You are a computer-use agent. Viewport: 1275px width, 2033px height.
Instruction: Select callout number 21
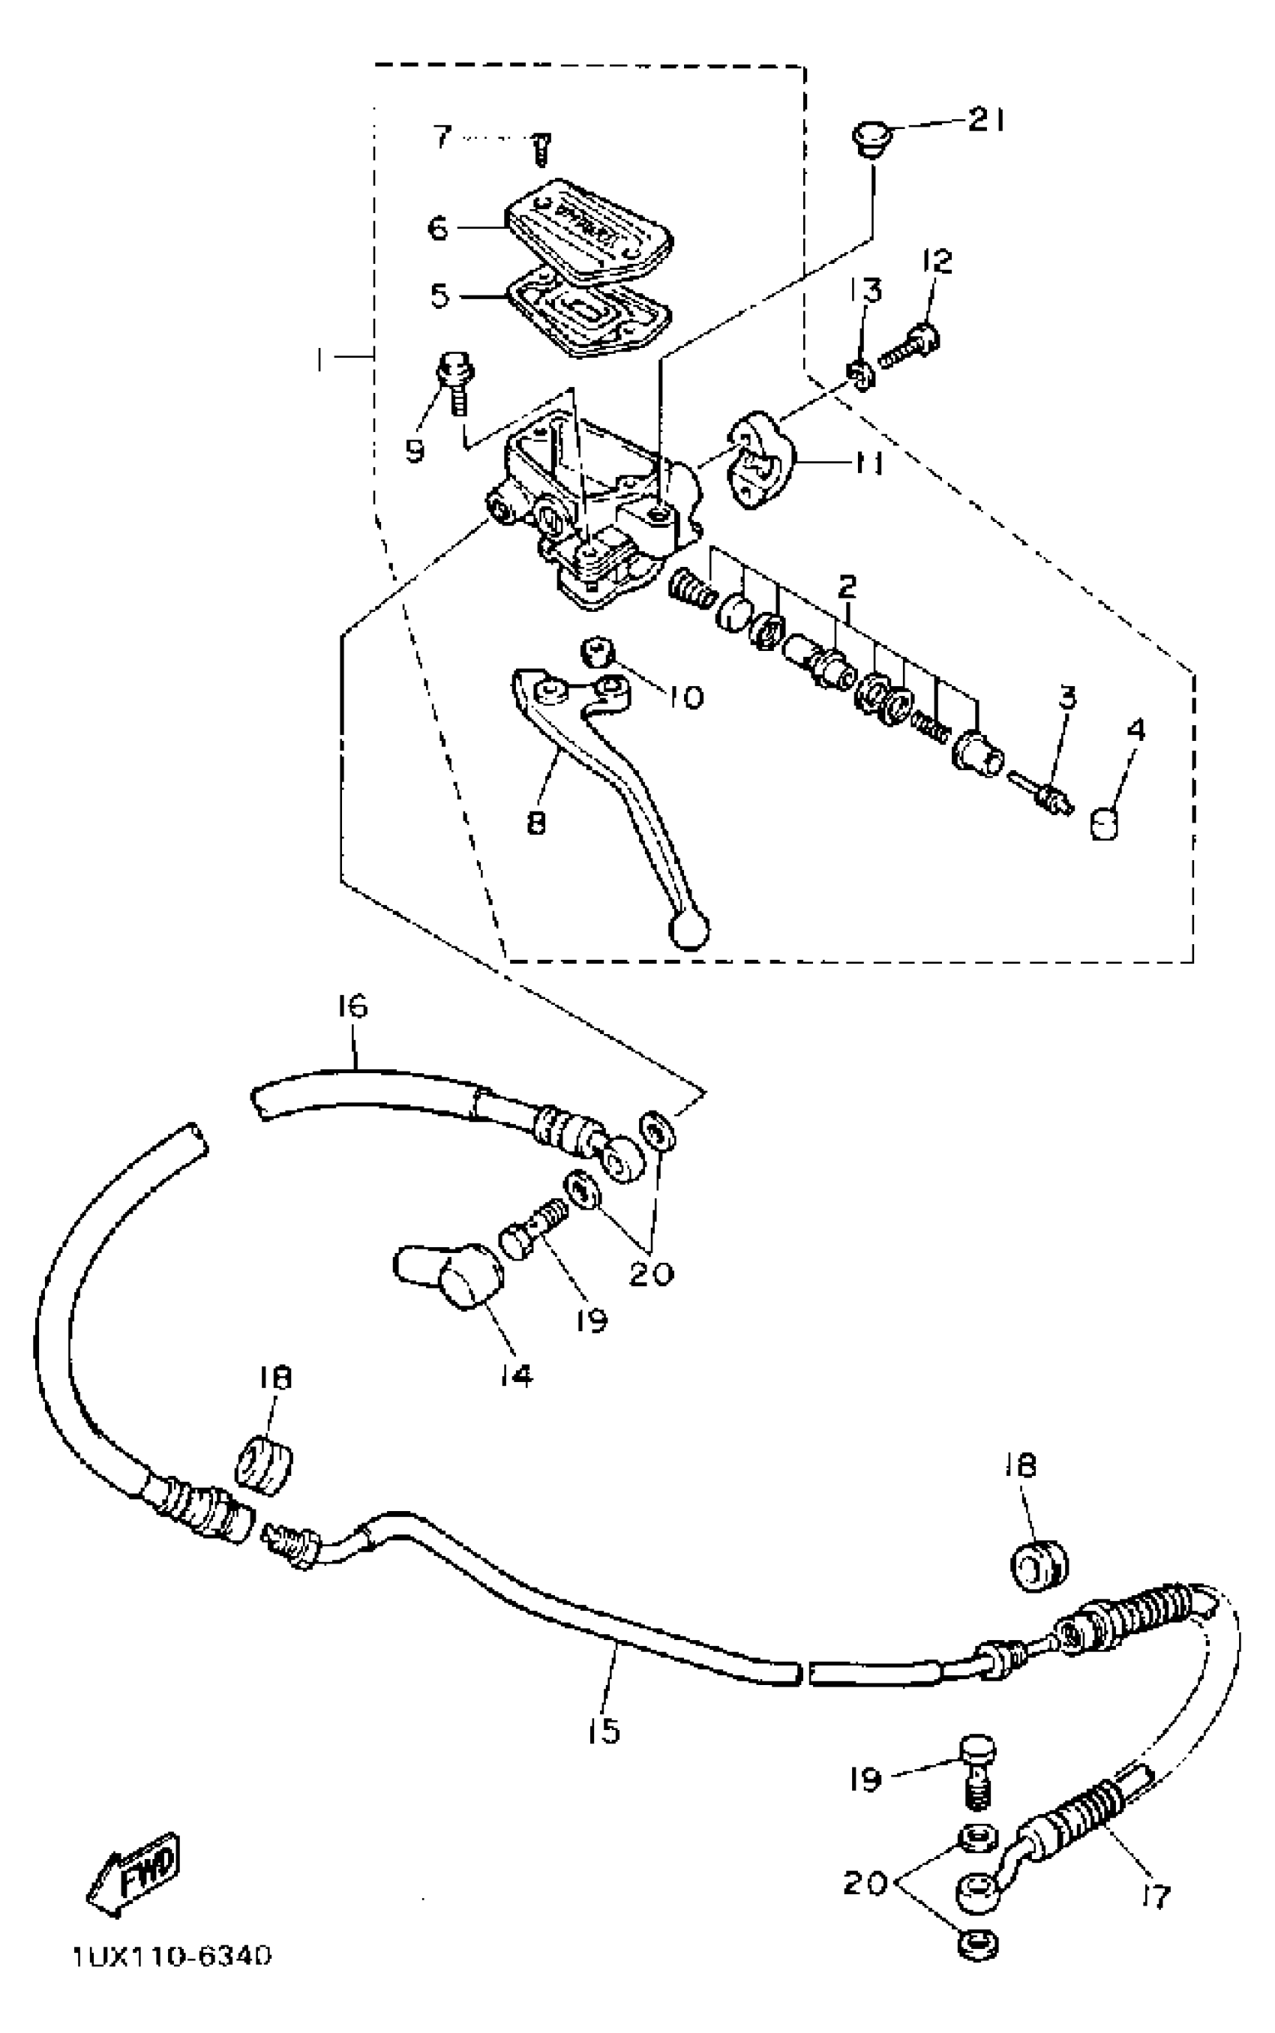[x=985, y=121]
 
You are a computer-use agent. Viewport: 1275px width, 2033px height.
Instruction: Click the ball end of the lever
[x=688, y=930]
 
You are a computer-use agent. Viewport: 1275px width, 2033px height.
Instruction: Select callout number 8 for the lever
[x=536, y=821]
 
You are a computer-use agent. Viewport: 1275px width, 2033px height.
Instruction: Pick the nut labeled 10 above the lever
[x=597, y=652]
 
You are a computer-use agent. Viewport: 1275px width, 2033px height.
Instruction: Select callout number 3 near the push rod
[x=1067, y=697]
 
